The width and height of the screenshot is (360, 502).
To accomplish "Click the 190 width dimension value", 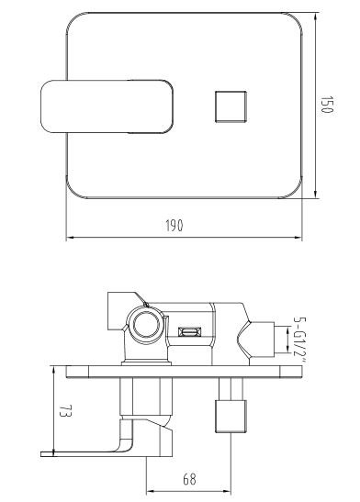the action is [x=174, y=226].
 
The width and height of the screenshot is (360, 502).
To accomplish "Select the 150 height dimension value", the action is [x=327, y=105].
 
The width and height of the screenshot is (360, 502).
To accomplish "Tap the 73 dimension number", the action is [x=65, y=411].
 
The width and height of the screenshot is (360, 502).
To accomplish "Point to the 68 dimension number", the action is [x=189, y=479].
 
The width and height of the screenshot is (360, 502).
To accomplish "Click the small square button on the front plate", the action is [x=231, y=106].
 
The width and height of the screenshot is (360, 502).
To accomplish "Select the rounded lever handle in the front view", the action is [x=107, y=106].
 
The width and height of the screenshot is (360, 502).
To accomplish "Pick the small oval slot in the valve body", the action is [x=189, y=332].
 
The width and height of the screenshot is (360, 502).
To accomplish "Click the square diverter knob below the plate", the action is [x=231, y=417].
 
